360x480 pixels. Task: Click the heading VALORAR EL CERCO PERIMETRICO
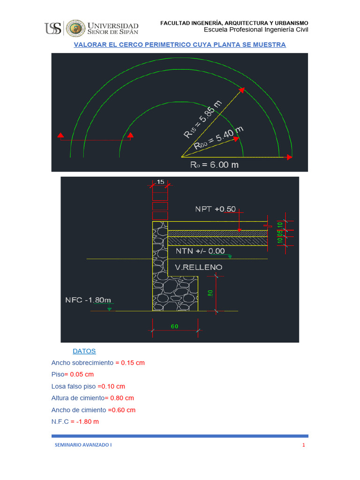coord(180,45)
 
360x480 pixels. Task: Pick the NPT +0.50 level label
coord(216,209)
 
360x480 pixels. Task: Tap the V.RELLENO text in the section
coord(199,267)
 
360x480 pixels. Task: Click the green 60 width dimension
coord(175,326)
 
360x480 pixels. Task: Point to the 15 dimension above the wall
coord(160,181)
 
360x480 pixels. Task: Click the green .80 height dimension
coord(210,293)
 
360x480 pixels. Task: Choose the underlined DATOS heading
coord(84,351)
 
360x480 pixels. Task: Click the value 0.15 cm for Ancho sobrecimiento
coord(133,363)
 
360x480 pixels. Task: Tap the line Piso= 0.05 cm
coord(73,375)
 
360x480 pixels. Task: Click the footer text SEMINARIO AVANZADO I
coord(83,445)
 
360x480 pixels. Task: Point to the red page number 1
coord(304,445)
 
